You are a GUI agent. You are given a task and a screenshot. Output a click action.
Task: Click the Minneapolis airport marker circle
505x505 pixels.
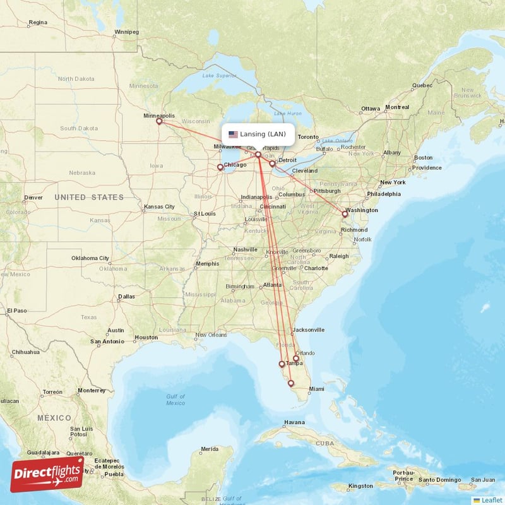(x=159, y=122)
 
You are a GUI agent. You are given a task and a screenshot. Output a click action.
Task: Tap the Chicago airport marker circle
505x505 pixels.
(x=220, y=167)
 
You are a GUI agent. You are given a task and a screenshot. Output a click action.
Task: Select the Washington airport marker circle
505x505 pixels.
(x=345, y=214)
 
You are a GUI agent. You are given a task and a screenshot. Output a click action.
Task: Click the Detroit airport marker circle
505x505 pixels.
(x=272, y=163)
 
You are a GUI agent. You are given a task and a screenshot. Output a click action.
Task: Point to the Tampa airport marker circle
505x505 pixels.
(x=282, y=364)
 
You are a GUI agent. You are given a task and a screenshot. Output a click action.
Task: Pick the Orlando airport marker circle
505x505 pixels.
(x=295, y=359)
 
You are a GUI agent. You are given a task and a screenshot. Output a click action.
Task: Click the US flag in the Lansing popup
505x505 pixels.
(x=233, y=134)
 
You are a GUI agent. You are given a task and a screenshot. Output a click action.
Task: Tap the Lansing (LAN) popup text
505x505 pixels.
(x=263, y=134)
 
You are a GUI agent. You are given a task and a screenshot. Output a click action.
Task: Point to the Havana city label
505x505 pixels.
(x=294, y=422)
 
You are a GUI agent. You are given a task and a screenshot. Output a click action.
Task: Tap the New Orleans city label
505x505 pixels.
(x=210, y=335)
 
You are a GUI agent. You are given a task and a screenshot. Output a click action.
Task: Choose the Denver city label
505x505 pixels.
(x=33, y=198)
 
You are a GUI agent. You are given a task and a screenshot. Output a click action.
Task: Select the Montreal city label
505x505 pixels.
(x=397, y=107)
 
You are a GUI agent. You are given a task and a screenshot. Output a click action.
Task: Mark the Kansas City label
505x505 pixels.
(x=159, y=206)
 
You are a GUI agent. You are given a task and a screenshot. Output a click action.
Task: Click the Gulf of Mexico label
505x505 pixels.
(x=175, y=399)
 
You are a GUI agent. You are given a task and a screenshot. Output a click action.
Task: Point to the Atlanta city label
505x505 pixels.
(x=273, y=285)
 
